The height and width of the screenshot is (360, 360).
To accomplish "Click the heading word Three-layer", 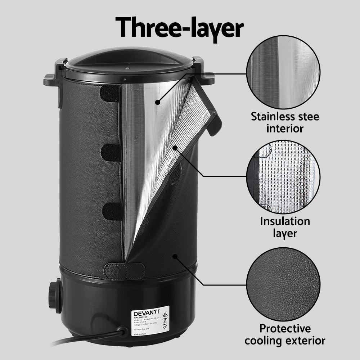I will tap(179, 27).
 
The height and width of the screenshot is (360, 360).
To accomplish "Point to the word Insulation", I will tap(285, 221).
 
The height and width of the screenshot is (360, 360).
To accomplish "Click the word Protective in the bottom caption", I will tap(285, 328).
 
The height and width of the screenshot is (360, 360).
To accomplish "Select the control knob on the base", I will tap(54, 296).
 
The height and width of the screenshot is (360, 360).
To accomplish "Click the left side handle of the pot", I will tap(51, 77).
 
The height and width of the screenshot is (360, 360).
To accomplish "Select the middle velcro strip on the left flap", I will tap(111, 153).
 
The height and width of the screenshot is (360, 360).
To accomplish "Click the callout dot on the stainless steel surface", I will tap(157, 103).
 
